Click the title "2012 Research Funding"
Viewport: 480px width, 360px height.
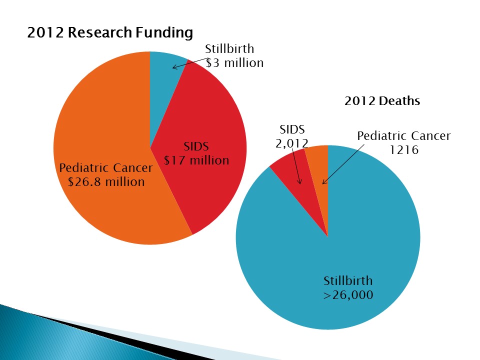pos(109,33)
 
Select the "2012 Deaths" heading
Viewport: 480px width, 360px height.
pos(382,101)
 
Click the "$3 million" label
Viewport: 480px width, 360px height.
pos(234,63)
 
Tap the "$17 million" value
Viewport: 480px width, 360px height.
pos(196,160)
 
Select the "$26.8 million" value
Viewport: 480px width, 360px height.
pos(106,181)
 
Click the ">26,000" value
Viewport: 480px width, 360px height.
pos(347,295)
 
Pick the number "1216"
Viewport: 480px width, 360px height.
pos(404,150)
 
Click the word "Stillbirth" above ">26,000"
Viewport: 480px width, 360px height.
pos(347,280)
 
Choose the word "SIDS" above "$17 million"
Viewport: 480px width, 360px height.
pos(196,146)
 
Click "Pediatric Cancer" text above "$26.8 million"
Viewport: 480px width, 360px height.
pos(106,167)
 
